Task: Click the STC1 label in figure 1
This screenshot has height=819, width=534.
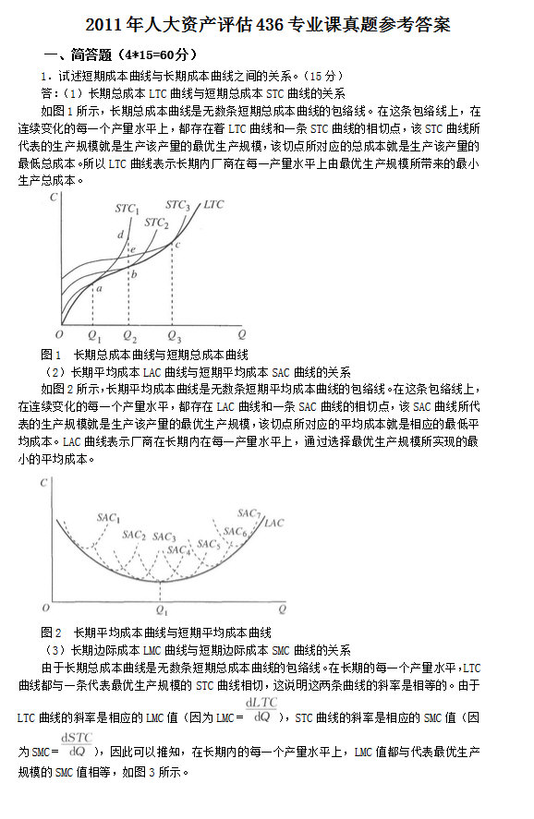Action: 127,209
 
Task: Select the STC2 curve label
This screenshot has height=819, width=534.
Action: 156,223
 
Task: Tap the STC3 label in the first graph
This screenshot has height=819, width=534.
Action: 177,205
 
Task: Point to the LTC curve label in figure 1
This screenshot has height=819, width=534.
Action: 213,204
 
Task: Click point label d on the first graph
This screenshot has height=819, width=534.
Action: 120,235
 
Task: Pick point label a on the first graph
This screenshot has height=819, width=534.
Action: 99,289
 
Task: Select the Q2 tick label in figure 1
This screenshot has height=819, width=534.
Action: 130,336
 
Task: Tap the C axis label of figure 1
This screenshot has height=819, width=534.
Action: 57,198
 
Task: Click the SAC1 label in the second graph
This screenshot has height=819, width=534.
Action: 108,519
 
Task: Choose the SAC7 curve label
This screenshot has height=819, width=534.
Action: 249,512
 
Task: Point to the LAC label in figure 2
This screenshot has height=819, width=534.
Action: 274,523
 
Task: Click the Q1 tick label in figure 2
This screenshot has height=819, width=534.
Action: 163,610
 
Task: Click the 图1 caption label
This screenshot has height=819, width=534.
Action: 51,354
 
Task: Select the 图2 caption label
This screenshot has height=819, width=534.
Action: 51,632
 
